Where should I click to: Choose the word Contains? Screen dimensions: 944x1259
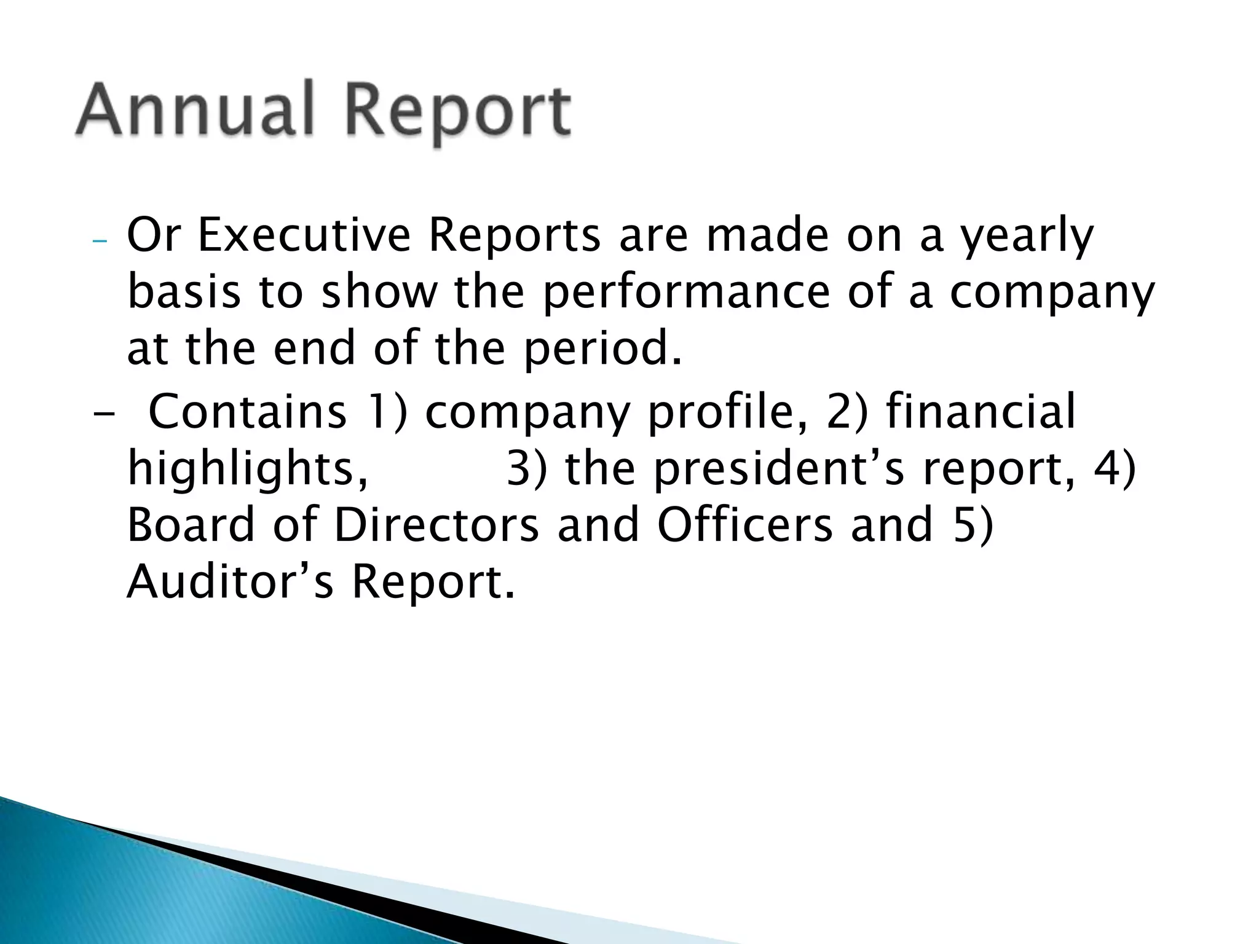pos(248,411)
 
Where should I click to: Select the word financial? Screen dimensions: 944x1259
pos(981,411)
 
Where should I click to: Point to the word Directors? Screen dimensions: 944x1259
pos(436,525)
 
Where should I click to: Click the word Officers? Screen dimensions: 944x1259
pos(744,525)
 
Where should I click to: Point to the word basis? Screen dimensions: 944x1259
pos(184,294)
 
